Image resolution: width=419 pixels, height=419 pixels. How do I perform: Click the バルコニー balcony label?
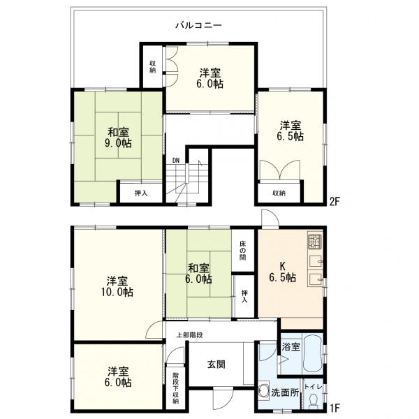point(198,25)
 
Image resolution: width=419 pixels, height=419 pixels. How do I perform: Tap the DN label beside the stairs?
point(175,161)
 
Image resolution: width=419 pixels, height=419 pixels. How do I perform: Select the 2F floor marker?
point(335,202)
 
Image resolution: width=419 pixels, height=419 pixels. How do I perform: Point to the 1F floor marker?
point(335,408)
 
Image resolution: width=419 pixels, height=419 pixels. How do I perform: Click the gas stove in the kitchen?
point(315,242)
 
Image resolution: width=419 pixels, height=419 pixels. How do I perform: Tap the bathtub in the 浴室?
point(313,354)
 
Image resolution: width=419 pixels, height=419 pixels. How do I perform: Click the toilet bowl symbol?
point(312,402)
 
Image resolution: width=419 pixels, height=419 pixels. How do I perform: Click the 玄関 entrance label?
point(216,365)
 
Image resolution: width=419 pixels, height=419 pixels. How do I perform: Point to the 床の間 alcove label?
point(242,251)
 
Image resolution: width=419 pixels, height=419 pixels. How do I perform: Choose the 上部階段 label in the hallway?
point(189,335)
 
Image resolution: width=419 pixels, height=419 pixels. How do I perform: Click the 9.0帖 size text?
point(118,143)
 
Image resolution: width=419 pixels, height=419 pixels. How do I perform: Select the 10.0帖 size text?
point(117,292)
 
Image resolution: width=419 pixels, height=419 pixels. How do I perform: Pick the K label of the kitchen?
point(282,266)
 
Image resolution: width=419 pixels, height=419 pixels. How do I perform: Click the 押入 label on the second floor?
point(141,193)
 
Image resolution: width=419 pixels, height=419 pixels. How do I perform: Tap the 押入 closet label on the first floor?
point(244,296)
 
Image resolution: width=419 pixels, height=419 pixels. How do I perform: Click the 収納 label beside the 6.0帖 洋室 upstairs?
point(152,67)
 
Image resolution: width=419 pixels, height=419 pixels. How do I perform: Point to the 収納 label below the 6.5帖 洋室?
point(279,193)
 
